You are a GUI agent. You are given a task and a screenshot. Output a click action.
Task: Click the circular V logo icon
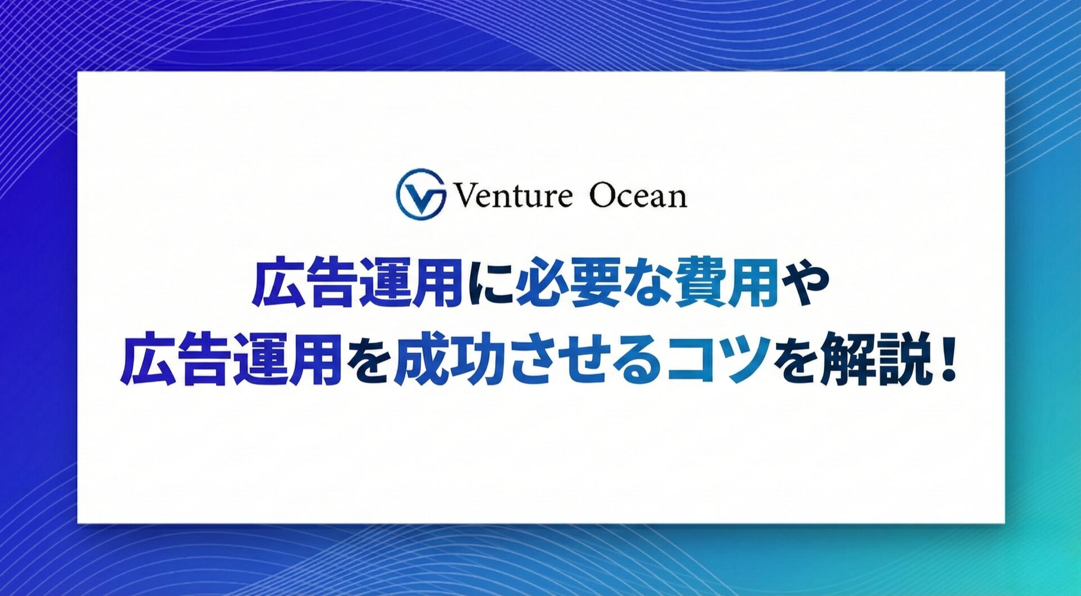click(421, 194)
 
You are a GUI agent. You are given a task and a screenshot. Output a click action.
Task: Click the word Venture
click(512, 196)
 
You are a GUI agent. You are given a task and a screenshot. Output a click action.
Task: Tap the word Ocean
click(638, 196)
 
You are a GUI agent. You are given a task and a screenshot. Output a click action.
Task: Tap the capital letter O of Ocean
click(604, 196)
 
